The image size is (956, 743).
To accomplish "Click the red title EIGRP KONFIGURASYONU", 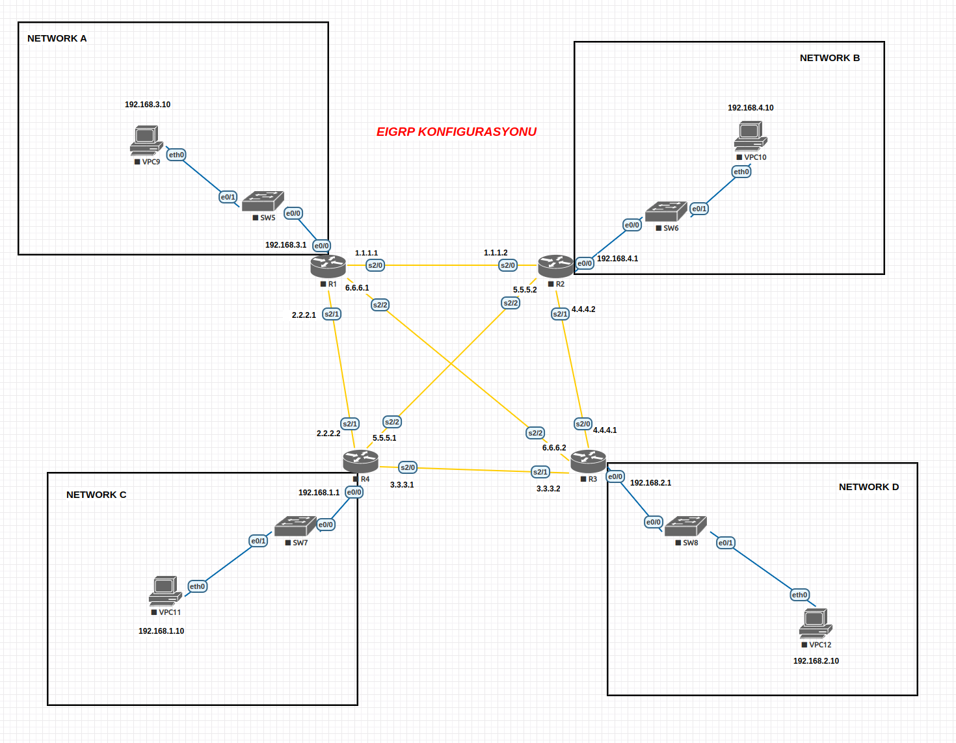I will [456, 132].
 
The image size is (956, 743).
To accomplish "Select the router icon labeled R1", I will [328, 266].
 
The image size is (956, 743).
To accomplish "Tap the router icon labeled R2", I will [555, 266].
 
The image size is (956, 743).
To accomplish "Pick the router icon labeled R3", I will [588, 461].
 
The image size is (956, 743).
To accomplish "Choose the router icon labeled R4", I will [360, 461].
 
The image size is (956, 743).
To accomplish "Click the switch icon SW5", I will [263, 202].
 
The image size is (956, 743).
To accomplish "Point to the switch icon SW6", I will [666, 212].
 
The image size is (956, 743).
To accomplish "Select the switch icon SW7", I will [295, 526].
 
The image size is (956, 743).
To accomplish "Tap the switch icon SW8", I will [685, 526].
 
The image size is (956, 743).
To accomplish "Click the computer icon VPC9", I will [146, 140].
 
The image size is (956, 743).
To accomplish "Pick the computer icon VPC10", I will [750, 137].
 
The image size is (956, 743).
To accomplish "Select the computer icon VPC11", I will [165, 591].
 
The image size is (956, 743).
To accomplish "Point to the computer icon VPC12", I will [816, 624].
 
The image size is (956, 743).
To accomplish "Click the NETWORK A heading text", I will [57, 38].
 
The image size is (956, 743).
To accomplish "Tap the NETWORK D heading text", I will [868, 487].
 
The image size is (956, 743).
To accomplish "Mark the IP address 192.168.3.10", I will [148, 105].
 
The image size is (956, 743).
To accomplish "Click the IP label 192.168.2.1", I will [650, 483].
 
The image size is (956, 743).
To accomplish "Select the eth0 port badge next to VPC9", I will [176, 155].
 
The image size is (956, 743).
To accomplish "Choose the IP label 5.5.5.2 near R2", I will [525, 290].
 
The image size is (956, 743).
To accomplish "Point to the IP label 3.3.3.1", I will [402, 485].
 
